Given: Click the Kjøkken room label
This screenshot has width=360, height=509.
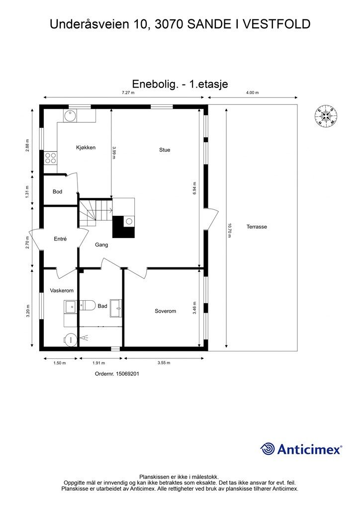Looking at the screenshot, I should (x=86, y=148).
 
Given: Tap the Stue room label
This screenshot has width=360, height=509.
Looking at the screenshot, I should (x=165, y=150).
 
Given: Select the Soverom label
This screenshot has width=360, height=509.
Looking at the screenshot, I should (x=165, y=311).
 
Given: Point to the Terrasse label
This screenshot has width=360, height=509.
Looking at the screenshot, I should (x=257, y=227).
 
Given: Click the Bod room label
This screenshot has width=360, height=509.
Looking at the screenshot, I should (x=57, y=191).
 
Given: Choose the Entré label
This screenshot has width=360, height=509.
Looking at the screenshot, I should (x=60, y=239).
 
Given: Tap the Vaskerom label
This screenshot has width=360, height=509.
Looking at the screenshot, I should (x=62, y=290).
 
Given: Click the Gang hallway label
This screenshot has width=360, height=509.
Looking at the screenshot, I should (x=101, y=245).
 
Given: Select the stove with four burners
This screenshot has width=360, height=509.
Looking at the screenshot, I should (x=51, y=158).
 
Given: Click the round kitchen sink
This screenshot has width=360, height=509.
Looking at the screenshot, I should (x=69, y=116).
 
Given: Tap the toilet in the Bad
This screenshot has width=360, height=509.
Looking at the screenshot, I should (x=88, y=305).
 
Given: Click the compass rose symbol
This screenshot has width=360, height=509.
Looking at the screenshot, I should (x=326, y=116).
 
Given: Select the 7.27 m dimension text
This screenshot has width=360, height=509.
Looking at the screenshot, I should (x=127, y=93).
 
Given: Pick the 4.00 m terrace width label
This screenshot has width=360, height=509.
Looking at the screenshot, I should (x=253, y=93).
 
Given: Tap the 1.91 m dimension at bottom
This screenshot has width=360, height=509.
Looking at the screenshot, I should (x=101, y=363).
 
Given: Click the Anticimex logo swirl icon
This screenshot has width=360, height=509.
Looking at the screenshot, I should (x=268, y=449).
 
